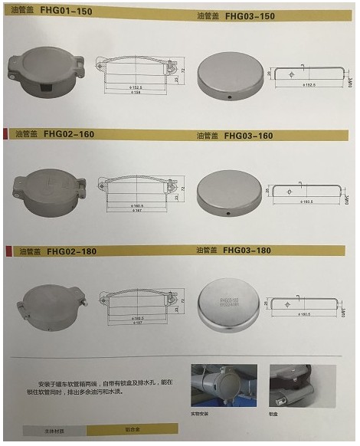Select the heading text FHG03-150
click(250, 15)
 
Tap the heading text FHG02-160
click(69, 133)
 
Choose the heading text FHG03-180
click(250, 250)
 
